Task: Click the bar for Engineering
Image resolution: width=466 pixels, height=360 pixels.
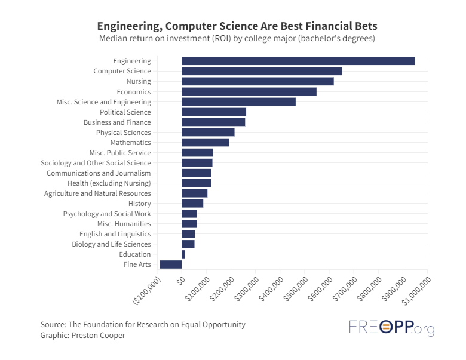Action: click(x=298, y=61)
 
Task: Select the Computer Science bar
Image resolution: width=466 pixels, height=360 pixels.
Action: click(x=261, y=71)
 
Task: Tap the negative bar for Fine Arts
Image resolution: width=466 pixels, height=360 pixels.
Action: click(x=170, y=264)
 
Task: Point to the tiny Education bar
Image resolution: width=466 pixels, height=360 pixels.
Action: click(x=183, y=254)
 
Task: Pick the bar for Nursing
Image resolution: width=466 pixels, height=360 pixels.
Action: click(x=257, y=81)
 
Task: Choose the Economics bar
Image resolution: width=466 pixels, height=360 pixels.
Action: click(x=249, y=91)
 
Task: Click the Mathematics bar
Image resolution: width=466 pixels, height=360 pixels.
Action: click(x=205, y=143)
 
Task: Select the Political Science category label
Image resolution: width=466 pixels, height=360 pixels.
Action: click(x=125, y=112)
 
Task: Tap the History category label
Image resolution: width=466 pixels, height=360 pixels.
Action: click(x=139, y=204)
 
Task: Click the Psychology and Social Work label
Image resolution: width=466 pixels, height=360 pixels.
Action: click(x=107, y=214)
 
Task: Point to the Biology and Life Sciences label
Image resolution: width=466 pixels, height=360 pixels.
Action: click(x=111, y=244)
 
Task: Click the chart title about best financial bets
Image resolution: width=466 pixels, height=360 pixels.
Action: click(x=237, y=27)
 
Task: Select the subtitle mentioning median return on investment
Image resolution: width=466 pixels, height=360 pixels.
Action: click(x=237, y=39)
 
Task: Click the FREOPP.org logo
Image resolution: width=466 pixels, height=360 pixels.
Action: click(x=391, y=328)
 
